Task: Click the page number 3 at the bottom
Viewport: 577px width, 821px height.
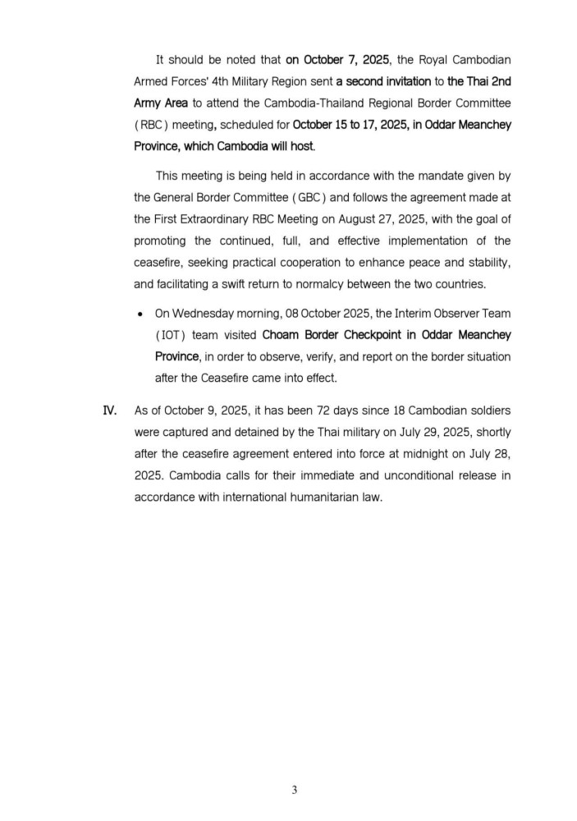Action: tap(295, 791)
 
